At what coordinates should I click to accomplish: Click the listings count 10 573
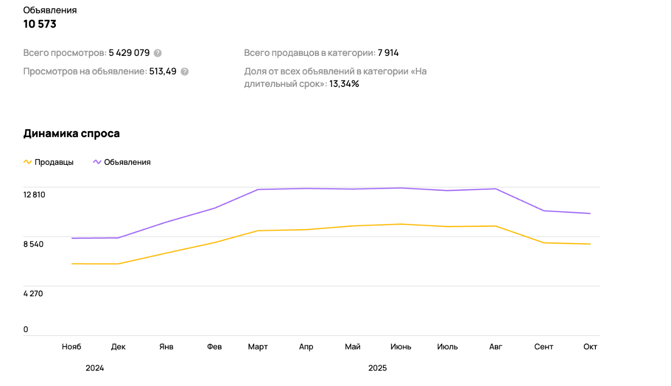[40, 24]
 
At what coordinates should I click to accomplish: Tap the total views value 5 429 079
[129, 53]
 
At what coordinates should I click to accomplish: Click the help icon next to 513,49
[185, 72]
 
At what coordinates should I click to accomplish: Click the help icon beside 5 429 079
[158, 53]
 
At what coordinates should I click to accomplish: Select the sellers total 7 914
[388, 53]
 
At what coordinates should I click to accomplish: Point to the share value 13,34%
[344, 84]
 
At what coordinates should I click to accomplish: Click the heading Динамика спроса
[71, 133]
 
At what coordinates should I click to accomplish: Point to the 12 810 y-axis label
[34, 195]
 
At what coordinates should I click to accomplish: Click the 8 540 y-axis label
[33, 244]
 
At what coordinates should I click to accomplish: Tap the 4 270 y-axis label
[33, 294]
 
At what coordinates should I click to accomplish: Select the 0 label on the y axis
[26, 330]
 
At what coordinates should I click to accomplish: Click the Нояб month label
[71, 347]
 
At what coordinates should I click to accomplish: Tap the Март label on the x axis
[258, 347]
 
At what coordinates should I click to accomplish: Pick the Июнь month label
[401, 347]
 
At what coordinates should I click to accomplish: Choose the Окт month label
[590, 347]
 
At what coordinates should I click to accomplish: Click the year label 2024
[95, 368]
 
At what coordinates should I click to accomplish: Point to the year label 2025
[377, 368]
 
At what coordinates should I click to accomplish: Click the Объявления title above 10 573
[50, 10]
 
